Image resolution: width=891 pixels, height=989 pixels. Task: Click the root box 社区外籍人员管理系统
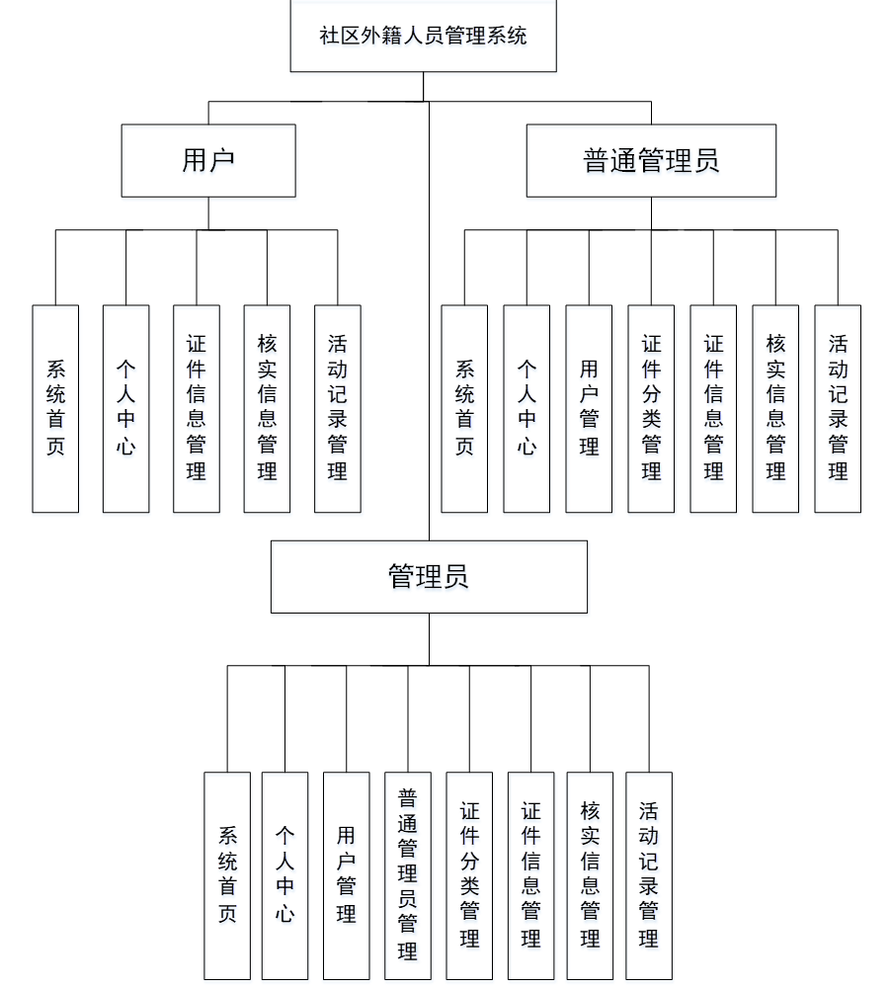click(x=423, y=37)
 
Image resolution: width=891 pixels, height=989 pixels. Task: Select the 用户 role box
click(x=208, y=160)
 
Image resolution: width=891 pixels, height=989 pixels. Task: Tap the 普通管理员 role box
click(x=651, y=160)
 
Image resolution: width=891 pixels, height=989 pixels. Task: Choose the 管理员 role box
click(x=429, y=576)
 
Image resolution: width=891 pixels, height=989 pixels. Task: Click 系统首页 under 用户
click(x=55, y=408)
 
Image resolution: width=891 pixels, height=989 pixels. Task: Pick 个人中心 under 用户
click(x=126, y=408)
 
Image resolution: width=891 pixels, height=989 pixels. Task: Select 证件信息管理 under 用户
click(x=197, y=408)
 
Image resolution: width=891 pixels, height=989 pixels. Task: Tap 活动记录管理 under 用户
click(x=338, y=408)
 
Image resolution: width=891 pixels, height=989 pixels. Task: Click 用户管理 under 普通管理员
click(x=589, y=408)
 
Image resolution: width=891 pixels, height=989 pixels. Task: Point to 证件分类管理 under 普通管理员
click(x=651, y=408)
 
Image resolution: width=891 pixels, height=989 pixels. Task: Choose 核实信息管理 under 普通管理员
click(x=775, y=408)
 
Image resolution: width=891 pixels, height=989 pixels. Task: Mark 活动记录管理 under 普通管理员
click(x=838, y=408)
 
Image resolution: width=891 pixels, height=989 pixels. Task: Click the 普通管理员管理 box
click(x=408, y=875)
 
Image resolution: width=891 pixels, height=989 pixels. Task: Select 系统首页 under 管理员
click(x=227, y=875)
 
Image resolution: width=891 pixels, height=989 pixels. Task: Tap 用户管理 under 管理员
click(x=346, y=875)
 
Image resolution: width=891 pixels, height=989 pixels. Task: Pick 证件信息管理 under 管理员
click(x=530, y=875)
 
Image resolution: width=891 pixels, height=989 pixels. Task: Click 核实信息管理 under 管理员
click(x=590, y=875)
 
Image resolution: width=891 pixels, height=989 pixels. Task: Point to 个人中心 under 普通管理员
click(x=526, y=408)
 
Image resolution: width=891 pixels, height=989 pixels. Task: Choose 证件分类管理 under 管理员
click(x=469, y=875)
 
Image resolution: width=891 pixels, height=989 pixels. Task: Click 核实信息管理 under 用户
click(x=267, y=408)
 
